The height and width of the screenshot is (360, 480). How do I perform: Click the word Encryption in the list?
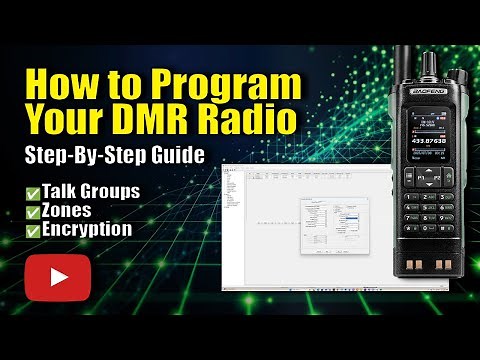point(87,228)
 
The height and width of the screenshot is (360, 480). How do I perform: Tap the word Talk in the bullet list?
point(62,191)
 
